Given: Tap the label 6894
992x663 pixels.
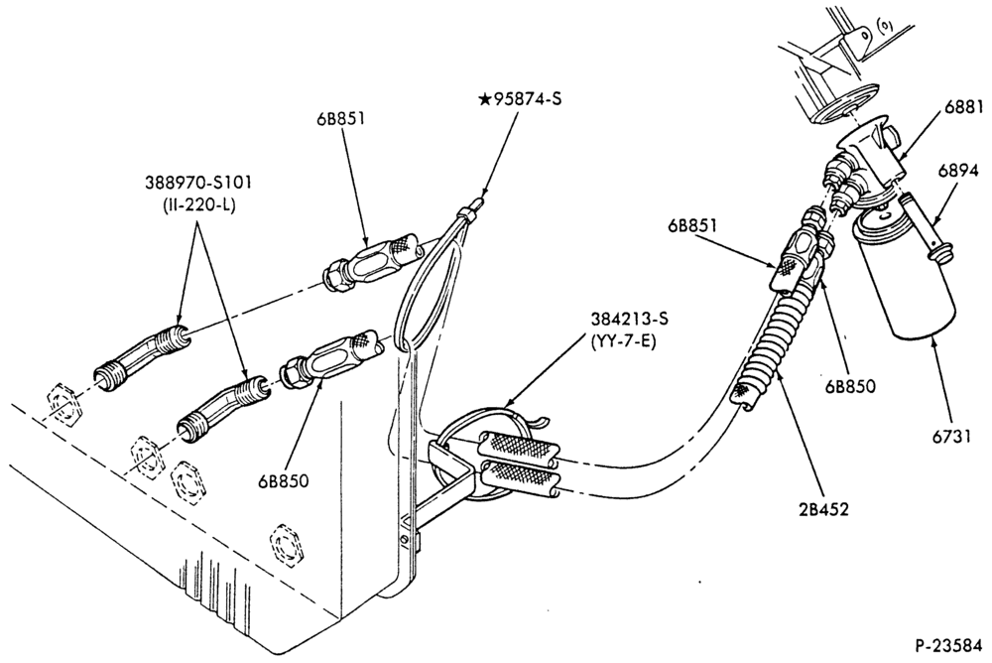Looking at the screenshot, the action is click(958, 171).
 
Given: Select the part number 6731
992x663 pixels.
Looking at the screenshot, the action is click(951, 437).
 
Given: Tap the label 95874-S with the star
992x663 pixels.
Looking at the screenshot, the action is click(520, 99).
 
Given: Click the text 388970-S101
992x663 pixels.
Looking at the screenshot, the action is click(198, 183).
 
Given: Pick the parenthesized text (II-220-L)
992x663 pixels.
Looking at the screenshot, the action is click(197, 205).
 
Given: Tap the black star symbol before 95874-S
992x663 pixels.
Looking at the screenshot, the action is click(485, 99).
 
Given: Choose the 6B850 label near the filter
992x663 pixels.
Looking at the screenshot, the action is click(850, 386).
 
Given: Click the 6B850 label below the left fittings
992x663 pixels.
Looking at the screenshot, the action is click(283, 480).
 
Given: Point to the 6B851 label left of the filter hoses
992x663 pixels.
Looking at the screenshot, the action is click(691, 225).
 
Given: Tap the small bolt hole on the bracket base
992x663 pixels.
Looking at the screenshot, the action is click(404, 540).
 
